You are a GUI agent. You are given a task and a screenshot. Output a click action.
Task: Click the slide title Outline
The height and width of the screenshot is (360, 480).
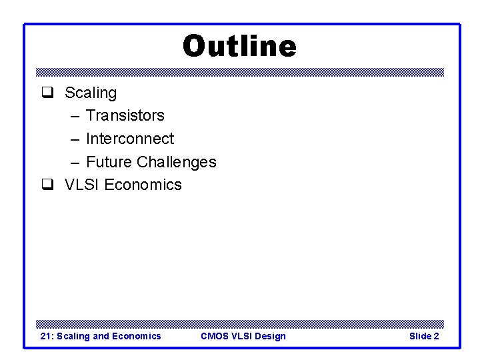(239, 47)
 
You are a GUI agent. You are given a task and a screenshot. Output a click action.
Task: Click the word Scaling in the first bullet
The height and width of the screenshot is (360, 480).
(91, 93)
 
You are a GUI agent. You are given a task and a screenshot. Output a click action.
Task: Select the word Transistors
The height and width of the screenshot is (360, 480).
(125, 115)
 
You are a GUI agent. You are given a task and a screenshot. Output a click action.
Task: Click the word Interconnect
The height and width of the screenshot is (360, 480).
(130, 139)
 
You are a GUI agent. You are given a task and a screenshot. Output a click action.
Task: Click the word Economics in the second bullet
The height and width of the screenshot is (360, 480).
(143, 185)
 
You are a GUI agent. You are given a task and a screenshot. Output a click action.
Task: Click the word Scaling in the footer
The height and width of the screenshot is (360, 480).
(73, 336)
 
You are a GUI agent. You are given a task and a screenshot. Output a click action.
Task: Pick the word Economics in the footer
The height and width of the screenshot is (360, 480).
(136, 336)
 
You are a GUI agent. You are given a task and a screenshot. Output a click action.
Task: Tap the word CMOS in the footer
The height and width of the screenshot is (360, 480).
(214, 336)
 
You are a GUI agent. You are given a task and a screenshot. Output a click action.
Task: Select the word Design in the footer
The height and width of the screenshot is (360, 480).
(270, 336)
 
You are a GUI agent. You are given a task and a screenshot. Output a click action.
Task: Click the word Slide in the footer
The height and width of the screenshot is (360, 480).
(419, 336)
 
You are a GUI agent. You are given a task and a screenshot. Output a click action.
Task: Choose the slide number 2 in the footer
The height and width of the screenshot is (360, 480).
(436, 336)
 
